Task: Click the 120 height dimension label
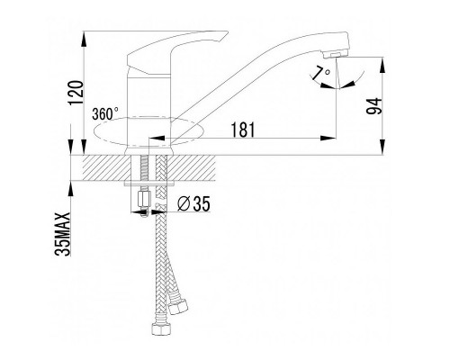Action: pyautogui.click(x=76, y=93)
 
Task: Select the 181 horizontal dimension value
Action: pyautogui.click(x=243, y=130)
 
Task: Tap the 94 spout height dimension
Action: pyautogui.click(x=374, y=106)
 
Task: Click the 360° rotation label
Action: pyautogui.click(x=105, y=114)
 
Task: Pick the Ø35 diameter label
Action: pyautogui.click(x=193, y=204)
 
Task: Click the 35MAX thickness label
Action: pyautogui.click(x=63, y=234)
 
